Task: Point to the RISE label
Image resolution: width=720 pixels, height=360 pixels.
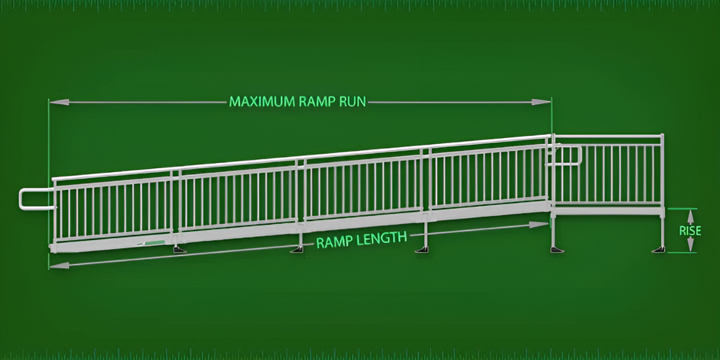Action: pyautogui.click(x=690, y=230)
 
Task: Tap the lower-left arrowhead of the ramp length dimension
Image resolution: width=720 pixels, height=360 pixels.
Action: pyautogui.click(x=59, y=265)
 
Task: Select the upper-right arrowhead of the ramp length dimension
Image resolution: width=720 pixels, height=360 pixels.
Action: pyautogui.click(x=539, y=225)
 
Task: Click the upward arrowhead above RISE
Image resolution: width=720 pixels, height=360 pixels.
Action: pyautogui.click(x=690, y=216)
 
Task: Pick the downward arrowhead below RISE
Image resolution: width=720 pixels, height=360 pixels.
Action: pyautogui.click(x=690, y=245)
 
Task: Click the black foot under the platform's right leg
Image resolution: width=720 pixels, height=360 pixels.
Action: pyautogui.click(x=659, y=249)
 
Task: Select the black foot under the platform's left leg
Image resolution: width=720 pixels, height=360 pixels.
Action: pyautogui.click(x=557, y=249)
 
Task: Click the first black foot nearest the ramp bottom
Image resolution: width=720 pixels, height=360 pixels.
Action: pyautogui.click(x=179, y=250)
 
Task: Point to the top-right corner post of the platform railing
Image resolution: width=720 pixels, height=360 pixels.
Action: pyautogui.click(x=662, y=135)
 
